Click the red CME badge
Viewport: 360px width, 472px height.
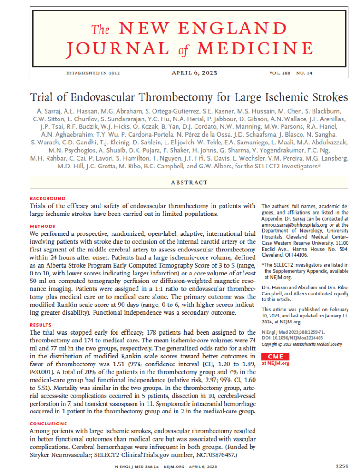pos(276,356)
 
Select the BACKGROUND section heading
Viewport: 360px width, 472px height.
pos(47,198)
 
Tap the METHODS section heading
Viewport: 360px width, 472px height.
pos(42,226)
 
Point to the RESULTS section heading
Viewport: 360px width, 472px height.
pos(41,325)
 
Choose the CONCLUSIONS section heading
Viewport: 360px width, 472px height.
pos(48,423)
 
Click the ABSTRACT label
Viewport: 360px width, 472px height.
pos(189,182)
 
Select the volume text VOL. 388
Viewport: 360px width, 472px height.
pos(280,73)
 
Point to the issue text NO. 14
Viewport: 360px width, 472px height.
pos(305,73)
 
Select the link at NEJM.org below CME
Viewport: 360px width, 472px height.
pos(276,364)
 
